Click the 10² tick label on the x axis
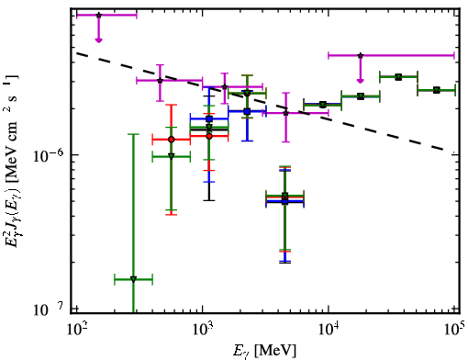76,330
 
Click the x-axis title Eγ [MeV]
264,350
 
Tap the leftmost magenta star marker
98,15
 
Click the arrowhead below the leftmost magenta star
98,40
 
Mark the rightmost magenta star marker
361,55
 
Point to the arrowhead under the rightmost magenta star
361,81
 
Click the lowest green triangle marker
133,279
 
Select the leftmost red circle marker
172,140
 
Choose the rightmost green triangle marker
437,90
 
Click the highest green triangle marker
398,77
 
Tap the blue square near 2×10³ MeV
247,111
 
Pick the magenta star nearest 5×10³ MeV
285,113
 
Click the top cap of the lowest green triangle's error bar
133,134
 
